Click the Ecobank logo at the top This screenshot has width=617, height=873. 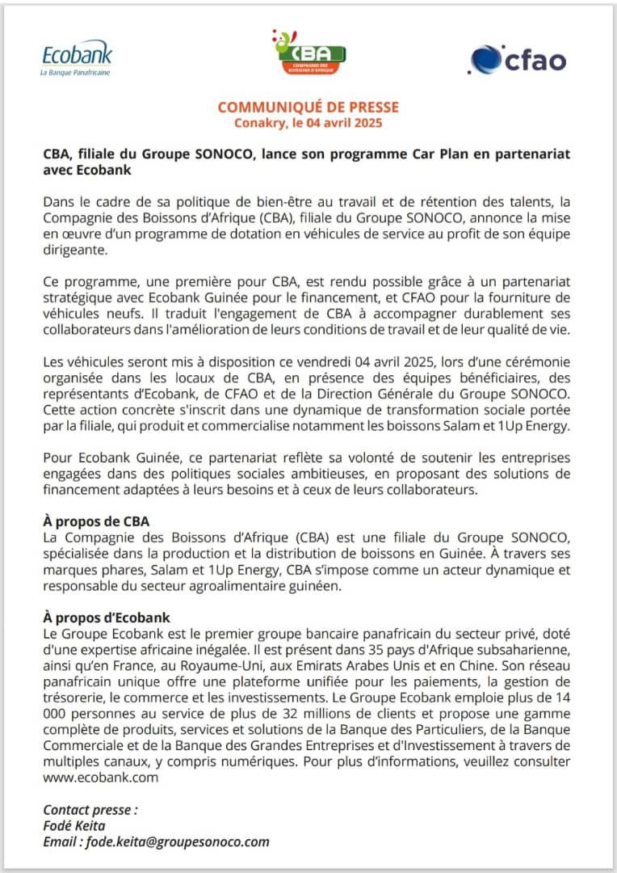tap(77, 57)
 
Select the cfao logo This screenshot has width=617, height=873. tap(518, 60)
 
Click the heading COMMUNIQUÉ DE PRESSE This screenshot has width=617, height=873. tap(308, 108)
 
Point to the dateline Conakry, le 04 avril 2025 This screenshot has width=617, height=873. tap(308, 124)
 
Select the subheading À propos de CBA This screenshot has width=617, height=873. tap(96, 521)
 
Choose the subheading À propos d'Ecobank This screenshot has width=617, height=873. tap(107, 618)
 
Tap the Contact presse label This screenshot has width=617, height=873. tap(90, 809)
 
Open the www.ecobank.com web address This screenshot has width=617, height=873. tap(100, 778)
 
